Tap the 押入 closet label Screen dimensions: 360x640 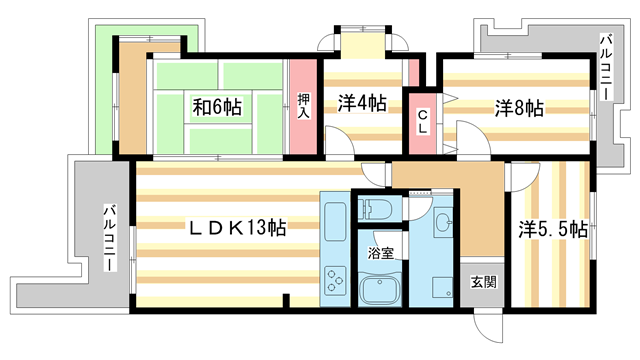(x=303, y=105)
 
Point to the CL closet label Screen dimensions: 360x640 (x=423, y=122)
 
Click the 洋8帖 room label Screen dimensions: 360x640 (x=516, y=108)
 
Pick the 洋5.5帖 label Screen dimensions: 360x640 (x=551, y=228)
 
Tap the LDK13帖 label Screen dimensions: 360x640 (x=240, y=228)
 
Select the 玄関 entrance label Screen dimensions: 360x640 (x=484, y=282)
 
